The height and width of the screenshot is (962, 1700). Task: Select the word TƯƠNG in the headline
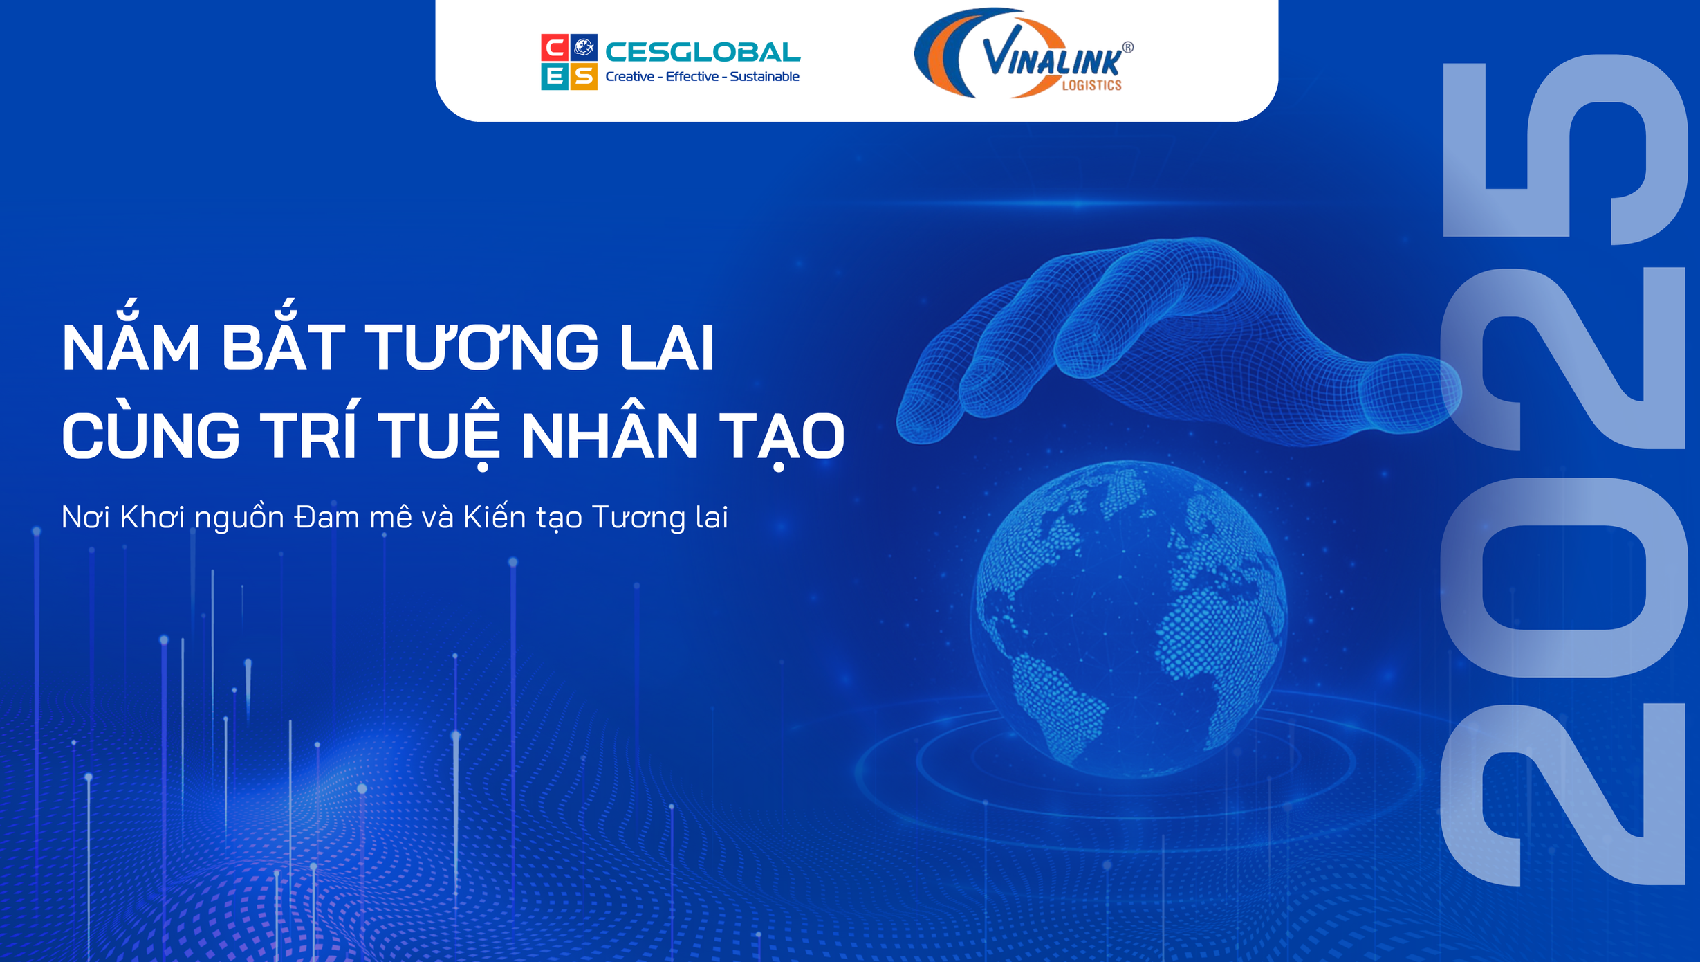tap(482, 346)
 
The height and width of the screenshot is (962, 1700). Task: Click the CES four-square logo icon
tap(569, 62)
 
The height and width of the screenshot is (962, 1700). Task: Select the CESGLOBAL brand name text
tap(703, 52)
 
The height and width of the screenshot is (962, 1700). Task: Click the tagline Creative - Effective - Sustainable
tap(702, 77)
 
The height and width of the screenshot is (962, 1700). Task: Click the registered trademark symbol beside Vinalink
tap(1127, 47)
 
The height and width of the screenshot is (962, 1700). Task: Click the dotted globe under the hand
tap(1129, 618)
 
